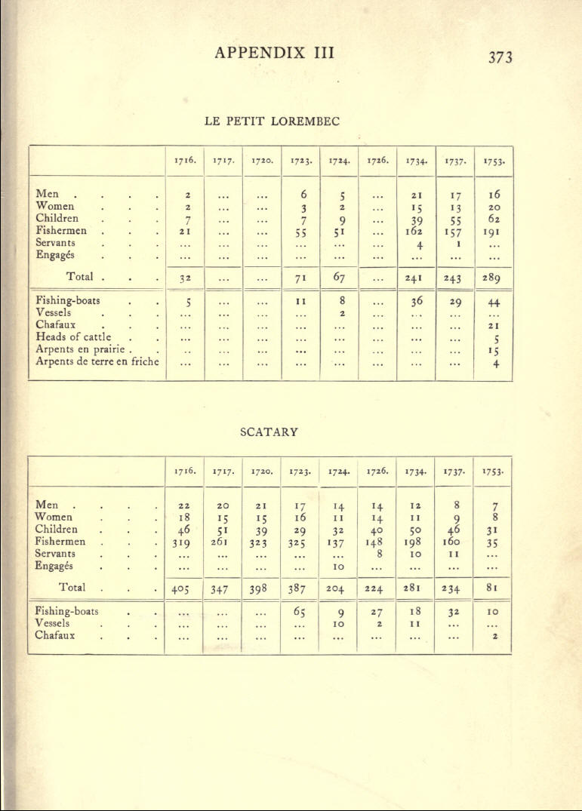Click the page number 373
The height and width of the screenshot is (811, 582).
pyautogui.click(x=500, y=57)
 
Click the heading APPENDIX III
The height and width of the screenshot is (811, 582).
pyautogui.click(x=274, y=53)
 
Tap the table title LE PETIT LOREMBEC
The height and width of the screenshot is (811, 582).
pyautogui.click(x=272, y=120)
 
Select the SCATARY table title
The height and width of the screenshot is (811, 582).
pyautogui.click(x=269, y=432)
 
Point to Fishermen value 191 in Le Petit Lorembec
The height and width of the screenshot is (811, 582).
pyautogui.click(x=494, y=231)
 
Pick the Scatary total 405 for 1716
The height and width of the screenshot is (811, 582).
pyautogui.click(x=184, y=588)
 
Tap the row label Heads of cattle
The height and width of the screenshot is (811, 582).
pyautogui.click(x=74, y=337)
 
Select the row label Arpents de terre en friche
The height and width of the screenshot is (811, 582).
pyautogui.click(x=97, y=361)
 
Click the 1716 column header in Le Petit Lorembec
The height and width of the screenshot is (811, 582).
pyautogui.click(x=185, y=161)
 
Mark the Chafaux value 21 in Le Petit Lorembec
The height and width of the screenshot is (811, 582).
pyautogui.click(x=494, y=325)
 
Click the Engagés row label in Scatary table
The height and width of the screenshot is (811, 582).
pyautogui.click(x=57, y=565)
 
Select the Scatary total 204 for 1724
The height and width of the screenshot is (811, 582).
pyautogui.click(x=338, y=588)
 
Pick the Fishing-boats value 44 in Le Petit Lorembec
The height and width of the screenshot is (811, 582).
pyautogui.click(x=494, y=301)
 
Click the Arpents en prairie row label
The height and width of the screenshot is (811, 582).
pyautogui.click(x=82, y=349)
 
